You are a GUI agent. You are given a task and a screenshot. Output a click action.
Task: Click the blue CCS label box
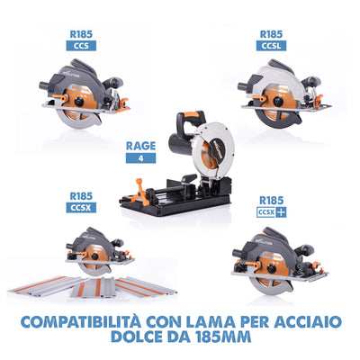coord(82,44)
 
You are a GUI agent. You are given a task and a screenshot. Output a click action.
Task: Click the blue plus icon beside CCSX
coord(283,211)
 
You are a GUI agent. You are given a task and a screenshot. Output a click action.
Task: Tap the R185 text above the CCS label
coord(82,31)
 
